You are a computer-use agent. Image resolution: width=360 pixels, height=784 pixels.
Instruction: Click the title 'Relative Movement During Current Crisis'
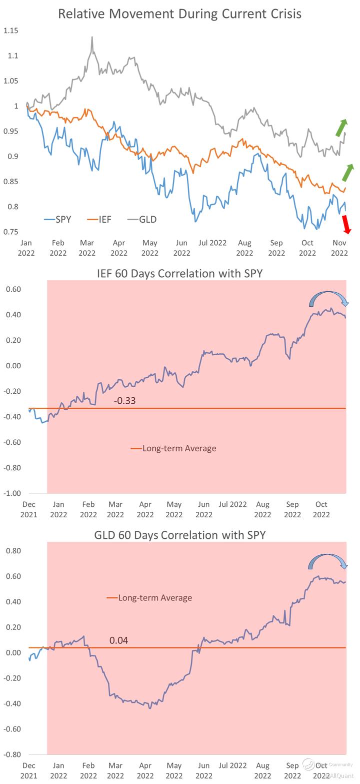pos(179,14)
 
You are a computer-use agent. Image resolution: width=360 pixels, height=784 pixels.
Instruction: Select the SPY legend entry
pos(58,219)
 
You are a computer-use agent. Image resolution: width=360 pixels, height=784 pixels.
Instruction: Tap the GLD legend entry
pos(141,219)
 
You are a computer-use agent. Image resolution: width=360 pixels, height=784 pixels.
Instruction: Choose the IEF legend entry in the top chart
pos(99,219)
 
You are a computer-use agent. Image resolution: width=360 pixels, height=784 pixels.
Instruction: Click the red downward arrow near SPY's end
pos(346,224)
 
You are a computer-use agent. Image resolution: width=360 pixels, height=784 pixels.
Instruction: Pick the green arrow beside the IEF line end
pos(347,172)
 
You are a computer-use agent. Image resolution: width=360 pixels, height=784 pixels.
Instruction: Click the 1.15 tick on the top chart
pos(10,31)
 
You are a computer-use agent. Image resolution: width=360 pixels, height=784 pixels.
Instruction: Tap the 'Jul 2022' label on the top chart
pos(212,243)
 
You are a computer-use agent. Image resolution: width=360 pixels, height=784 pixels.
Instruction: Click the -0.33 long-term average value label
pos(124,401)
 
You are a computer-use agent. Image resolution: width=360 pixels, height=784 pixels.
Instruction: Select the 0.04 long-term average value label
pos(118,640)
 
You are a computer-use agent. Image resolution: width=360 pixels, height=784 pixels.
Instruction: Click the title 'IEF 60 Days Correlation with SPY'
pos(179,273)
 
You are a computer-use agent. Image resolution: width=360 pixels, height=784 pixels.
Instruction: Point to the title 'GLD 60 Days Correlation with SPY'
pos(179,535)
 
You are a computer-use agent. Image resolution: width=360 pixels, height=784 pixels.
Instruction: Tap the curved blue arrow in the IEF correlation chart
pos(328,298)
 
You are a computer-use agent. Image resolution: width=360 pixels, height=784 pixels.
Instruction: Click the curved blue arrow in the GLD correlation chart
pos(327,560)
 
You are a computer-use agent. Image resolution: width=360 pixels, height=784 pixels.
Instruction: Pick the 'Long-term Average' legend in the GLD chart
pos(149,598)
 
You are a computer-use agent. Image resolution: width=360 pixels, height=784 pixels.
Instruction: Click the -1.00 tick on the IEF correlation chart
pos(13,493)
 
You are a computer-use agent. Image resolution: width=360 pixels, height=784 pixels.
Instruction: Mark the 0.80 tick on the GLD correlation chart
pos(13,551)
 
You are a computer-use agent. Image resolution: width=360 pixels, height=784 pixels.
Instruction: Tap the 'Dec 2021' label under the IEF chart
pos(29,509)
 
